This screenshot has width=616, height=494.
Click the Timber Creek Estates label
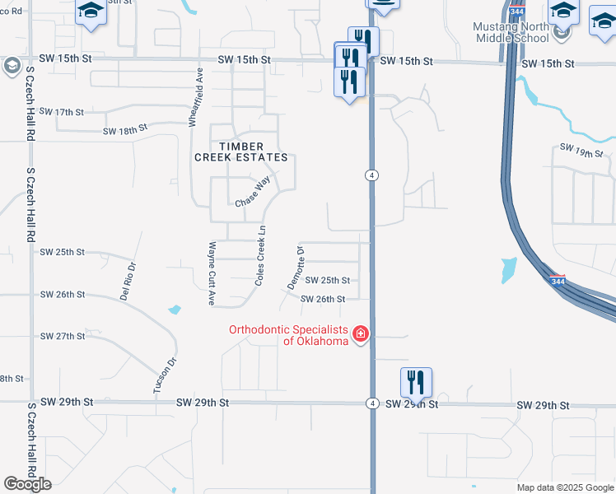tap(241, 151)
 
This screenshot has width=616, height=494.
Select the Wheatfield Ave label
tap(195, 96)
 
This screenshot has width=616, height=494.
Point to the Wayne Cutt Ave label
tap(212, 273)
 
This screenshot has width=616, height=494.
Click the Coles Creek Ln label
tap(260, 256)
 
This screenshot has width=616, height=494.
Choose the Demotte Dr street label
tap(296, 267)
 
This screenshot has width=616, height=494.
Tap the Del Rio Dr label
tap(126, 283)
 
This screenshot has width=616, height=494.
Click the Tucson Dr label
tap(166, 375)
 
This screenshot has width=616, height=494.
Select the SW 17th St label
tap(62, 112)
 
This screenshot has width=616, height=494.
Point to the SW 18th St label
tap(125, 129)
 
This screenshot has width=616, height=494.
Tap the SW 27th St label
tap(63, 336)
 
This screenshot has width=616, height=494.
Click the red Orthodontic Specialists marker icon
tap(360, 334)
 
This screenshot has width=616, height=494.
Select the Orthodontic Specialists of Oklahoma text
tap(288, 336)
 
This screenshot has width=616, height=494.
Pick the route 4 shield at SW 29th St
tap(372, 403)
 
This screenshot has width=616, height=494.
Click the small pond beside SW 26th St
tap(174, 310)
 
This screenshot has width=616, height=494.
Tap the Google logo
tap(27, 484)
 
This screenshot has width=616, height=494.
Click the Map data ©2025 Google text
tap(564, 487)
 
